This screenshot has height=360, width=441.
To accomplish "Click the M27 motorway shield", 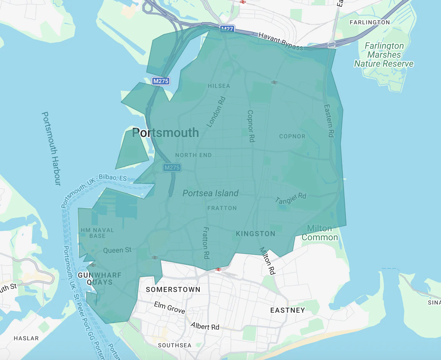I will [x=227, y=29].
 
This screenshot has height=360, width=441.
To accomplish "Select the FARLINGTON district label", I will [x=370, y=22].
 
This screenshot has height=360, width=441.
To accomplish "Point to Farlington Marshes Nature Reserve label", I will [x=384, y=55].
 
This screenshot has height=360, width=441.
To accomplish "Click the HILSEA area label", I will [x=219, y=86].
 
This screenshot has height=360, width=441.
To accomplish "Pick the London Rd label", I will [x=216, y=112].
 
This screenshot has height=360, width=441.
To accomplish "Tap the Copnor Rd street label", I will [x=251, y=126].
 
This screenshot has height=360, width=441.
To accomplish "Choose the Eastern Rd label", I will [x=329, y=121].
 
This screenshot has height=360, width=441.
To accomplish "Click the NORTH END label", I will [x=193, y=155].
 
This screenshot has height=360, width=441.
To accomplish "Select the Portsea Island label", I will [x=211, y=193].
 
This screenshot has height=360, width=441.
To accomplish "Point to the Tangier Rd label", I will [x=291, y=199].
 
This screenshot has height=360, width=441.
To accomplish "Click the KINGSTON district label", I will [x=255, y=234].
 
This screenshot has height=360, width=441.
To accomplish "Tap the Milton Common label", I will [x=320, y=233].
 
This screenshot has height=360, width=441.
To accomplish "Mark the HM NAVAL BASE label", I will [x=97, y=233].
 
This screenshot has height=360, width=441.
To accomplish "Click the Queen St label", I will [x=117, y=250].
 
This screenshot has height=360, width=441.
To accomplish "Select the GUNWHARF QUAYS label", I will [x=100, y=279].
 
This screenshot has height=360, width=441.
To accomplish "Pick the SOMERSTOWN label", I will [x=173, y=289].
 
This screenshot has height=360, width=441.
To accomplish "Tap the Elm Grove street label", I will [x=169, y=307].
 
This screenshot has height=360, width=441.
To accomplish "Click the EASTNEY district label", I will [x=288, y=310].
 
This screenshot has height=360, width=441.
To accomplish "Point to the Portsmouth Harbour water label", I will [x=51, y=148].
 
